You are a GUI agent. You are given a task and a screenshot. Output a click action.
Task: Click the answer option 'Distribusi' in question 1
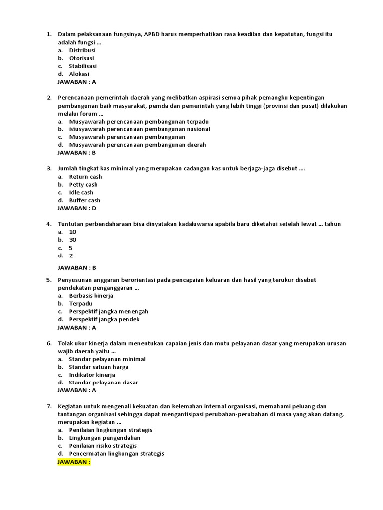point(82,50)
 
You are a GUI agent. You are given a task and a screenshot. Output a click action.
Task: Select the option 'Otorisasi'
point(81,58)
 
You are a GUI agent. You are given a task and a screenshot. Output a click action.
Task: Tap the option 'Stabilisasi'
point(83,66)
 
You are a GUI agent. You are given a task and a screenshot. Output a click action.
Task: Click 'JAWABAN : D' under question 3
point(77,208)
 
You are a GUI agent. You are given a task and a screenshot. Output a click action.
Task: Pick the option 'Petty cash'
point(83,185)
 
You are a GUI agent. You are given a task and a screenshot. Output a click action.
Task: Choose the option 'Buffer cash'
point(84,200)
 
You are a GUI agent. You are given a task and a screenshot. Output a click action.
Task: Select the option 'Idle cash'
point(81,192)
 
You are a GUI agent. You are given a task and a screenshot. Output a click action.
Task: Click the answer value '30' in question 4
point(73,240)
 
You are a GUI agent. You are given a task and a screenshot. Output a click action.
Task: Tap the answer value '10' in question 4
point(73,232)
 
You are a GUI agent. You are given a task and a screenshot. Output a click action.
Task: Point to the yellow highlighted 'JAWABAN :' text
point(74,462)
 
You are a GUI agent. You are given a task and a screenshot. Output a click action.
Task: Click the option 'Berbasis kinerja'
point(91,296)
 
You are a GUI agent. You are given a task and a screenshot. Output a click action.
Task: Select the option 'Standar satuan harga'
point(99,367)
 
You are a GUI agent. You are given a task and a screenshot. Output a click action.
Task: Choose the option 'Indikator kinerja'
point(92,375)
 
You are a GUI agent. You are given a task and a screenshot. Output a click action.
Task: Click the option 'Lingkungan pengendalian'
point(105,438)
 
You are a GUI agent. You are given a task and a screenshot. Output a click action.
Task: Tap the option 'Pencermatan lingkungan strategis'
point(116,454)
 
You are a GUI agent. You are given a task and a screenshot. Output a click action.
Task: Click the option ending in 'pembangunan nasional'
point(140,129)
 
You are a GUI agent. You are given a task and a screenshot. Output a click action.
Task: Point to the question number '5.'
point(49,280)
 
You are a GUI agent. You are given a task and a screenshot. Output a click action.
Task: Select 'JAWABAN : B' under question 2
point(77,153)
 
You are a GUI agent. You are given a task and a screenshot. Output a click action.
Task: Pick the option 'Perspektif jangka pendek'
point(104,319)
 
